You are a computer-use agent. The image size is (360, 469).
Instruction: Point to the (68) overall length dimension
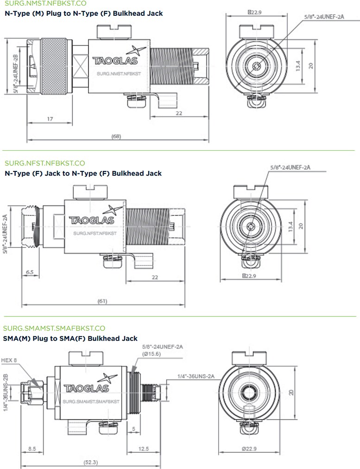pos(116,136)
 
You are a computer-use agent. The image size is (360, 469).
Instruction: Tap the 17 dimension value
pos(50,119)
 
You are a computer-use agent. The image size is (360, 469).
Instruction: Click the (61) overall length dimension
pos(102,301)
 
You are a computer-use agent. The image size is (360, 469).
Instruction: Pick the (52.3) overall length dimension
pos(90,462)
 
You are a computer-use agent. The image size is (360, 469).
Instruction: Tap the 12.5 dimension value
pos(144,449)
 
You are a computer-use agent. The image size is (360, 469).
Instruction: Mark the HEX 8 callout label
pos(10,360)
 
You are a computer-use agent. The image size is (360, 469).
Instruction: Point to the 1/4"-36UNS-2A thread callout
pos(196,377)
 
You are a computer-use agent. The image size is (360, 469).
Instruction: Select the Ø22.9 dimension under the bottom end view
pos(249,449)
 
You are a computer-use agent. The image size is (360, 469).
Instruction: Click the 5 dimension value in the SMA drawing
pos(133,429)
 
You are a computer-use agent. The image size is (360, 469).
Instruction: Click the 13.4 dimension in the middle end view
pos(291,227)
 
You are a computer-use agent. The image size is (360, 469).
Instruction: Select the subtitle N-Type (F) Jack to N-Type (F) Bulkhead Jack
pos(83,173)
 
